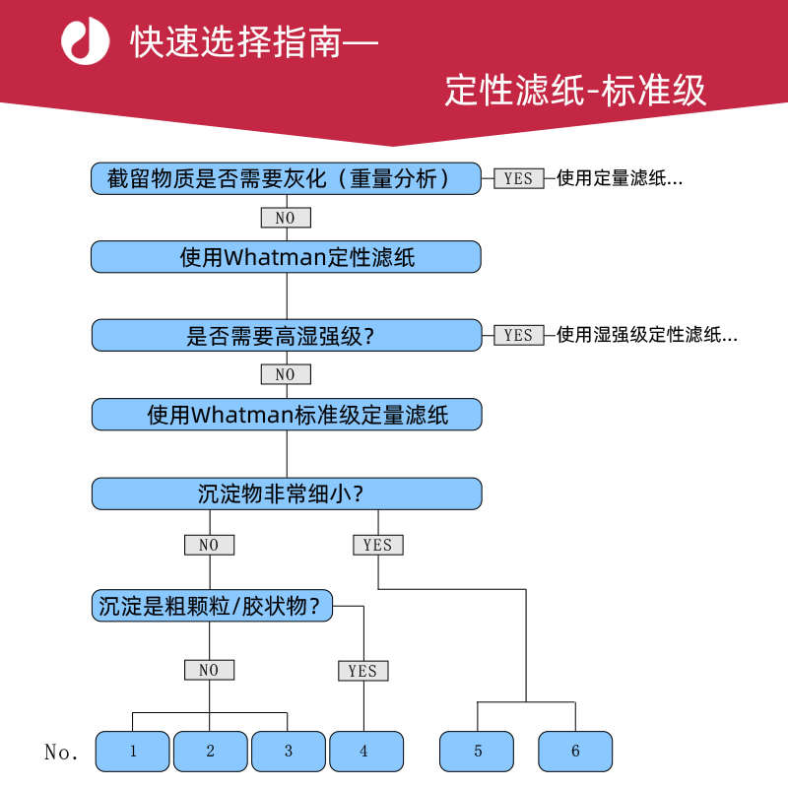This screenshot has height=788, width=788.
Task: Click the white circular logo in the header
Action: point(86,42)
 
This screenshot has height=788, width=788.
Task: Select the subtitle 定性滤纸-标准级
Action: point(575,90)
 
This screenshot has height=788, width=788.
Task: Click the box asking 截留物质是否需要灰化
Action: point(286,178)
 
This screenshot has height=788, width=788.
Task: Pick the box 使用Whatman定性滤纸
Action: point(286,257)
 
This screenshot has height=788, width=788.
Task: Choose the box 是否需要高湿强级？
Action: point(286,335)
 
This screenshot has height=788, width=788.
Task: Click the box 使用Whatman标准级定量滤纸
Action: point(286,414)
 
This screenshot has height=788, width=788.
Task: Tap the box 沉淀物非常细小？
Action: point(286,493)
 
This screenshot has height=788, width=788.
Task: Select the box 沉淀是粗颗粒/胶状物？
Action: point(212,606)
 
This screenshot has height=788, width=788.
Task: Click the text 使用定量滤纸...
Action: point(620,178)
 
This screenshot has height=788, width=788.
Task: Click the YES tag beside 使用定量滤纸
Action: point(518,178)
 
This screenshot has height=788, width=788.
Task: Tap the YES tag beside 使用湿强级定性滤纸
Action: point(518,335)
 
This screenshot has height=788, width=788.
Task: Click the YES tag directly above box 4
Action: point(362,671)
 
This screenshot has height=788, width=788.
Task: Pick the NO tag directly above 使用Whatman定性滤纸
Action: point(285,218)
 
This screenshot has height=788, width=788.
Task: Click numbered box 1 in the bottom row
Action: point(133,752)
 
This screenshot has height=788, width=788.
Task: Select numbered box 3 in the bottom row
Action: point(289,752)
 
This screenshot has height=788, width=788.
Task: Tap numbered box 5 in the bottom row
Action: point(478,752)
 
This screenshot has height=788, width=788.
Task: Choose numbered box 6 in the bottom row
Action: point(575,752)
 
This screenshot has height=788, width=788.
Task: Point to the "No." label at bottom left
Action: point(61,752)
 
